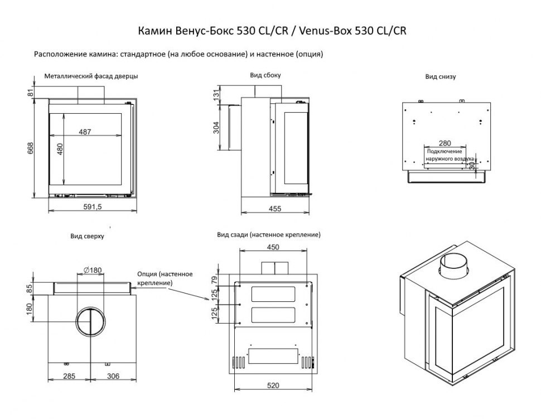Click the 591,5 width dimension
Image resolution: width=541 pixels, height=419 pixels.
(92, 207)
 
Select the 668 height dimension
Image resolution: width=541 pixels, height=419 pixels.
(31, 148)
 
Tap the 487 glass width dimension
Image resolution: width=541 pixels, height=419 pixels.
(85, 132)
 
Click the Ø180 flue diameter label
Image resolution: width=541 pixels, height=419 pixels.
(92, 271)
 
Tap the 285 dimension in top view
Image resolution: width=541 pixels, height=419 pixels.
(69, 376)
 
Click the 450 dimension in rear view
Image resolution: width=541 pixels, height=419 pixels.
(273, 247)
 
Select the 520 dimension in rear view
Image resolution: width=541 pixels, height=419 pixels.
(273, 385)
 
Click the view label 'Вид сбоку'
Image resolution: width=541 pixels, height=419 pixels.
(265, 75)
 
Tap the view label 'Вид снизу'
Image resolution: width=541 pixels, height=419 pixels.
(440, 76)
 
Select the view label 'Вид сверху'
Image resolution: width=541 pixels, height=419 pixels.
(87, 237)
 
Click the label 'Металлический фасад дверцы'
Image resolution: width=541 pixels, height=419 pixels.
(91, 75)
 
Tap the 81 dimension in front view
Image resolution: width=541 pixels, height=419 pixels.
(31, 93)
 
